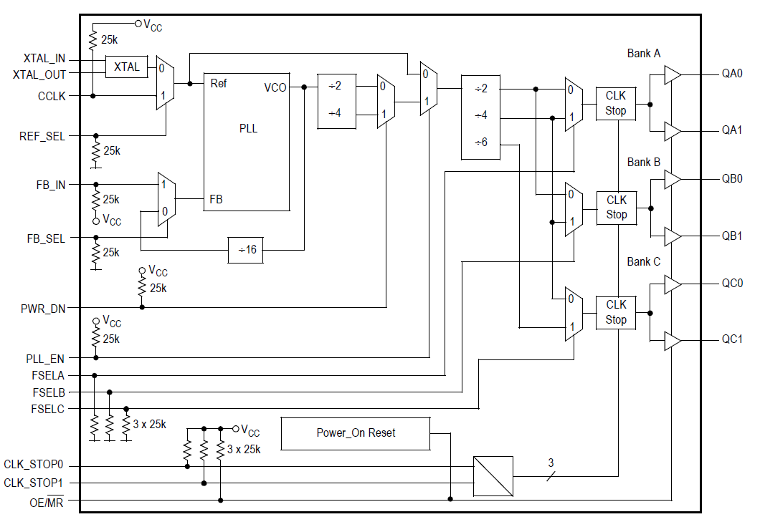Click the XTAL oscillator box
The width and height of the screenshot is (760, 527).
click(x=127, y=67)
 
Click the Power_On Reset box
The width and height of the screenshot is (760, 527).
click(x=356, y=433)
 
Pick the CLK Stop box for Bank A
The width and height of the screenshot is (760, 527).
click(x=615, y=103)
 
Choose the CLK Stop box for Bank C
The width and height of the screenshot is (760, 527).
click(x=615, y=312)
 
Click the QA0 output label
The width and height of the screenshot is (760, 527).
click(x=731, y=74)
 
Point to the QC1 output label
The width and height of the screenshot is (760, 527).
click(x=731, y=339)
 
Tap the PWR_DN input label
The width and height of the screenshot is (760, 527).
click(x=45, y=309)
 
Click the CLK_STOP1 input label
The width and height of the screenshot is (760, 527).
click(x=34, y=483)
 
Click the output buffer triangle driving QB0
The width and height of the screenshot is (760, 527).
click(x=672, y=180)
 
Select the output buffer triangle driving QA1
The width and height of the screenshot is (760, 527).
click(x=672, y=132)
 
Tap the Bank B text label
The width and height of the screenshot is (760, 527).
click(x=643, y=162)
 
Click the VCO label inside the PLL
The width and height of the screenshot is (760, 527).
click(x=275, y=87)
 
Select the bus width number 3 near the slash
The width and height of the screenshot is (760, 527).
click(x=551, y=463)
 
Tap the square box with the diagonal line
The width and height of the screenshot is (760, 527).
click(x=493, y=476)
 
